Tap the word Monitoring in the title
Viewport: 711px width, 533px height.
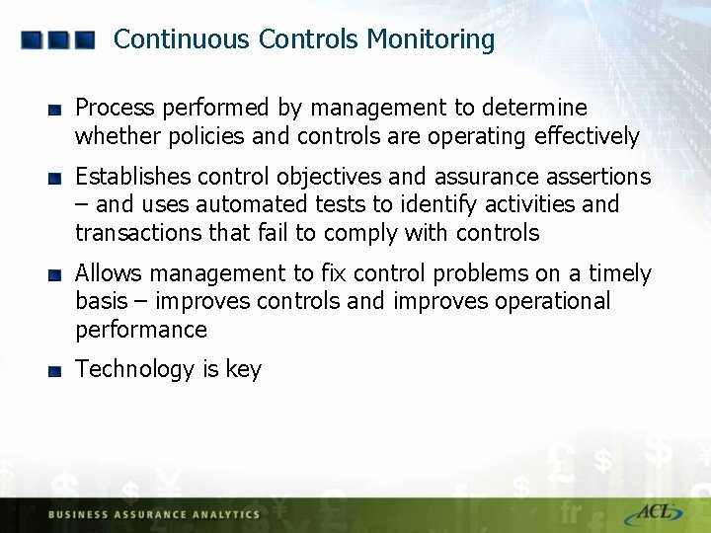pos(431,39)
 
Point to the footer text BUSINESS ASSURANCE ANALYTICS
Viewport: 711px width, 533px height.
pos(153,514)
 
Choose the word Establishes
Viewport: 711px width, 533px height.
pos(133,177)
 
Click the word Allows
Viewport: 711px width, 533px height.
pos(107,273)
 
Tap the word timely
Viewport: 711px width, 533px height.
pos(620,273)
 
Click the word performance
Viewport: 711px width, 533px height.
pos(141,330)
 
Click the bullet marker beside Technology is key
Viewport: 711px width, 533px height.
pos(55,371)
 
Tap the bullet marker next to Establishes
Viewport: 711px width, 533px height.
pos(55,179)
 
